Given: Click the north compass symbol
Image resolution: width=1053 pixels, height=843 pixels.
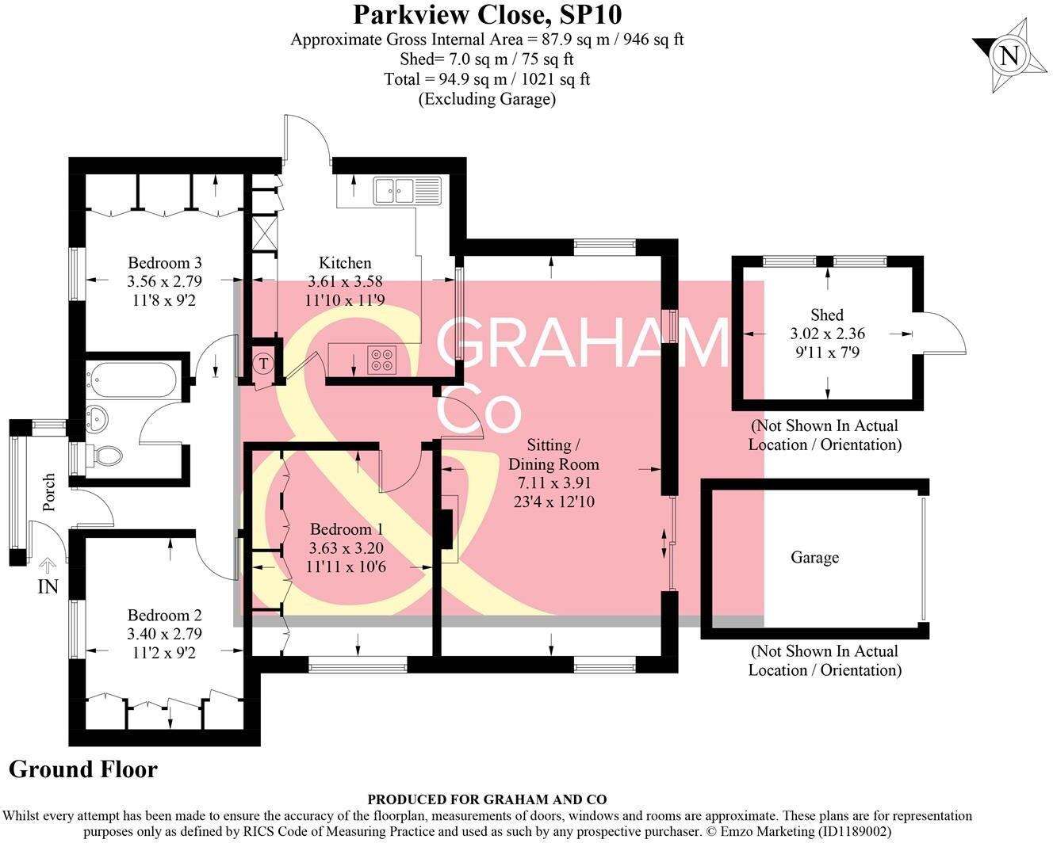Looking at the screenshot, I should click(x=1009, y=55).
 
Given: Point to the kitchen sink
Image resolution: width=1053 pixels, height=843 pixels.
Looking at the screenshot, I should click(x=407, y=190).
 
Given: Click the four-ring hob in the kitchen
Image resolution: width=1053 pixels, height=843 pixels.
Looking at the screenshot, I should click(x=381, y=360).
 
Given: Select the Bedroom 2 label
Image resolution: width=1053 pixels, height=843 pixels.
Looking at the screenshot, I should click(x=165, y=616).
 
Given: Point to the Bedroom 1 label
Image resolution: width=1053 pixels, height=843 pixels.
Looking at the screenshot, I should click(x=347, y=529).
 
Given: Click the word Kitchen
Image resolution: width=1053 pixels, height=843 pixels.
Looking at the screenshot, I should click(x=345, y=263).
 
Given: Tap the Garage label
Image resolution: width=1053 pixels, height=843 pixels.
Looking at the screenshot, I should click(x=814, y=558).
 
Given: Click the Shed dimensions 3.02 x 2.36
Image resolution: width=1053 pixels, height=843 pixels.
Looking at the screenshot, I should click(x=827, y=334).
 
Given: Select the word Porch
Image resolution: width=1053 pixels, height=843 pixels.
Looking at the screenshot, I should click(x=49, y=492).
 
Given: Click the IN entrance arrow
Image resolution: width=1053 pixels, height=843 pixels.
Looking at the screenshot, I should click(x=48, y=566).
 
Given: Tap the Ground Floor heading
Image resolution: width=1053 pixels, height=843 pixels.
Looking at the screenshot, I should click(x=83, y=769).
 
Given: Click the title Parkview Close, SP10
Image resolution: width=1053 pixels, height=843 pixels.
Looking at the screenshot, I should click(x=487, y=14).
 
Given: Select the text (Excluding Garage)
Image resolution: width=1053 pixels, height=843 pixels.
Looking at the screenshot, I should click(x=487, y=99).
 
